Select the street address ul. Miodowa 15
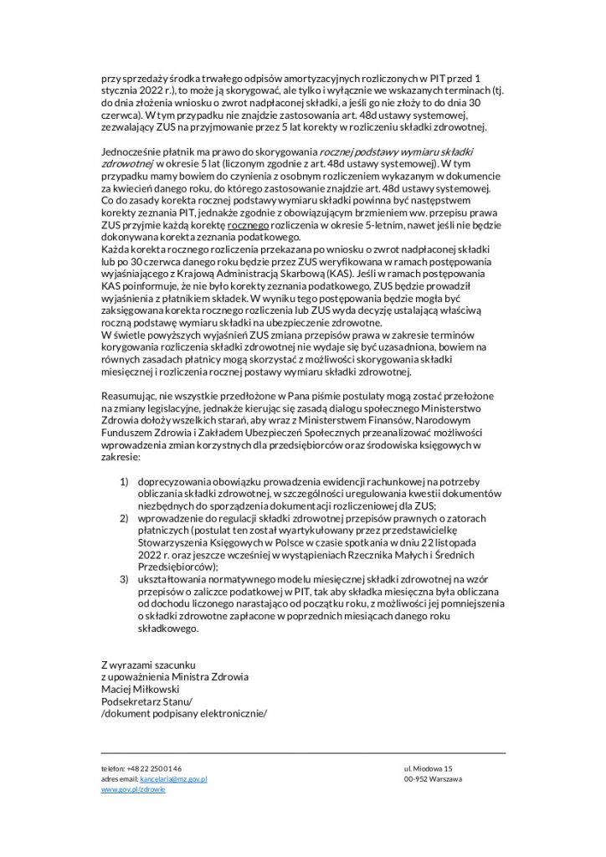click(x=428, y=767)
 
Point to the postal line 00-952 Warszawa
click(x=433, y=778)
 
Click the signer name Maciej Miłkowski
click(x=135, y=690)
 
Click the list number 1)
click(x=124, y=482)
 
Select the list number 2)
click(x=124, y=518)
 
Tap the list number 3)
click(x=124, y=578)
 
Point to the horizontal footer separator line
click(x=303, y=752)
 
